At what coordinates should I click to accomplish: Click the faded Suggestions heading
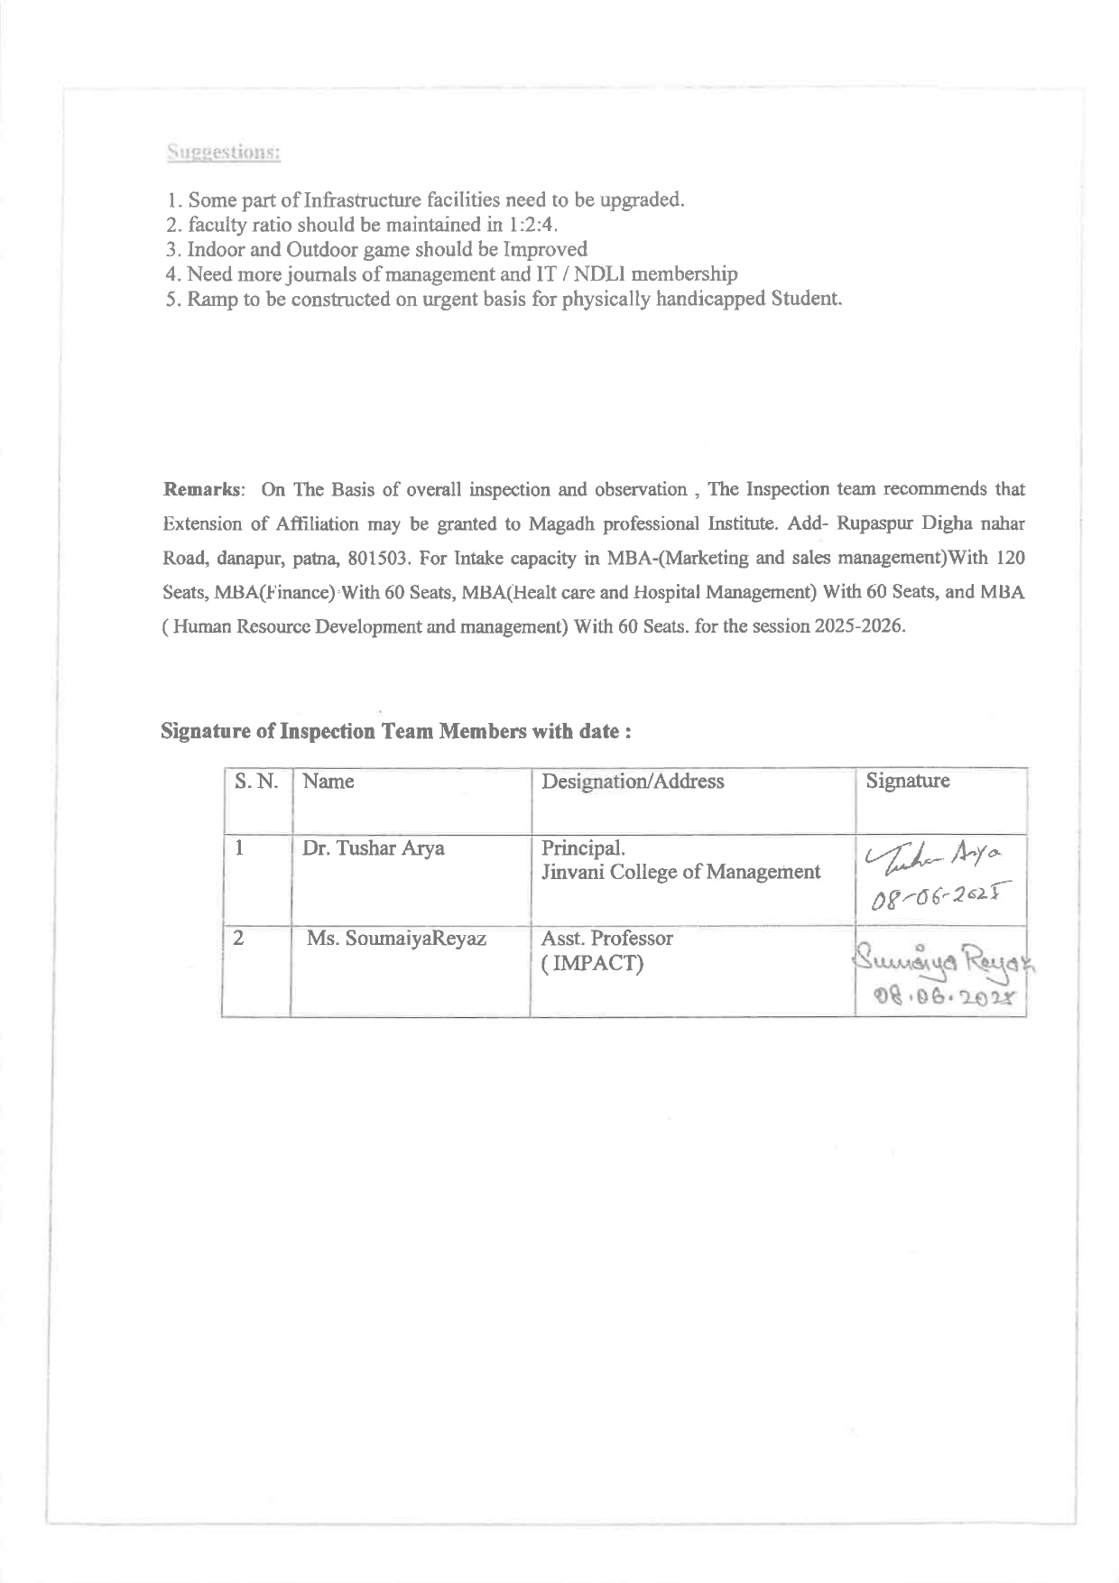pos(223,152)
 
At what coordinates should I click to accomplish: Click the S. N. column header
pos(256,782)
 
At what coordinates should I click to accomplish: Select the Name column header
pos(328,782)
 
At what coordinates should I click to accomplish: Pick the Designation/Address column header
pos(633,782)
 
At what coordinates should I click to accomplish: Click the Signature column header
pos(907,782)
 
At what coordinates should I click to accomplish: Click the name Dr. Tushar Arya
pos(374,849)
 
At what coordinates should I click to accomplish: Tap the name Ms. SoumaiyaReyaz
pos(396,939)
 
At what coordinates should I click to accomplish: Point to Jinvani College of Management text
pos(680,873)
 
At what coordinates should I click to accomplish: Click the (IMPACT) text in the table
pos(592,964)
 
